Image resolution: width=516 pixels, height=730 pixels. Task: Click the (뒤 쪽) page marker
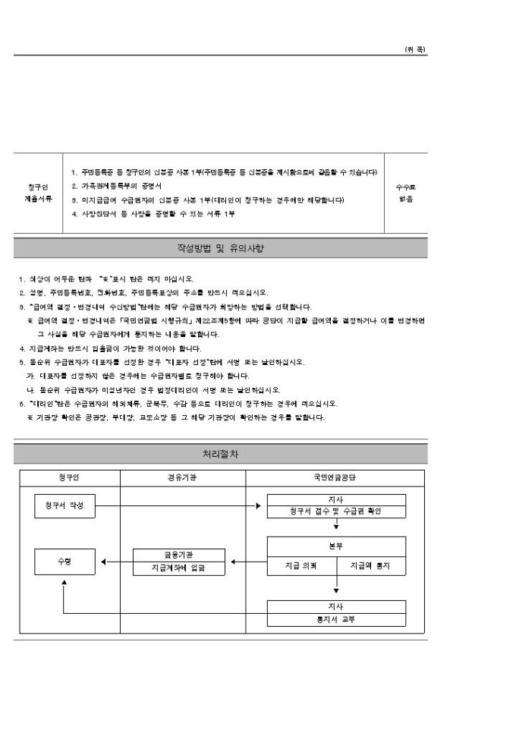(x=415, y=49)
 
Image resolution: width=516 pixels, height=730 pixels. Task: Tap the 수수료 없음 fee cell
(x=407, y=193)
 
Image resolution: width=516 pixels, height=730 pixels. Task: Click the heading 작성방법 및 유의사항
(x=221, y=248)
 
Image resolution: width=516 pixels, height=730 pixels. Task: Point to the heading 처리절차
(x=221, y=454)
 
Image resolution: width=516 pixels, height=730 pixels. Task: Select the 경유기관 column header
(x=183, y=478)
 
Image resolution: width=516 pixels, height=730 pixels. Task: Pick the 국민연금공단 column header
(x=335, y=478)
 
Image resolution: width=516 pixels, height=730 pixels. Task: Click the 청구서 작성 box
(x=64, y=505)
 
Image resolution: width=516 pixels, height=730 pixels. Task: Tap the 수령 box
(x=64, y=562)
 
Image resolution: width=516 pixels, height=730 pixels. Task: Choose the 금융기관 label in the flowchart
(x=179, y=555)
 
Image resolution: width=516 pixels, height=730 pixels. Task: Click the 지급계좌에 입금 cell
(x=179, y=568)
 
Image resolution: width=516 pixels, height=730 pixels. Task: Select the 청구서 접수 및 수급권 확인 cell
(x=335, y=511)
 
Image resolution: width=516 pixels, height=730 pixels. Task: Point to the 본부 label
(x=335, y=546)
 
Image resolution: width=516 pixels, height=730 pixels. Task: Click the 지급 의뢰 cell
(x=301, y=565)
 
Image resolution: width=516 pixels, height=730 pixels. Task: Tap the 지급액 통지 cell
(x=370, y=565)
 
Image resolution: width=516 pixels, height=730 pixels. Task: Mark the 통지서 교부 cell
(x=335, y=619)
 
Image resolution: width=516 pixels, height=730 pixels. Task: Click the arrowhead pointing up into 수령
(x=64, y=583)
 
